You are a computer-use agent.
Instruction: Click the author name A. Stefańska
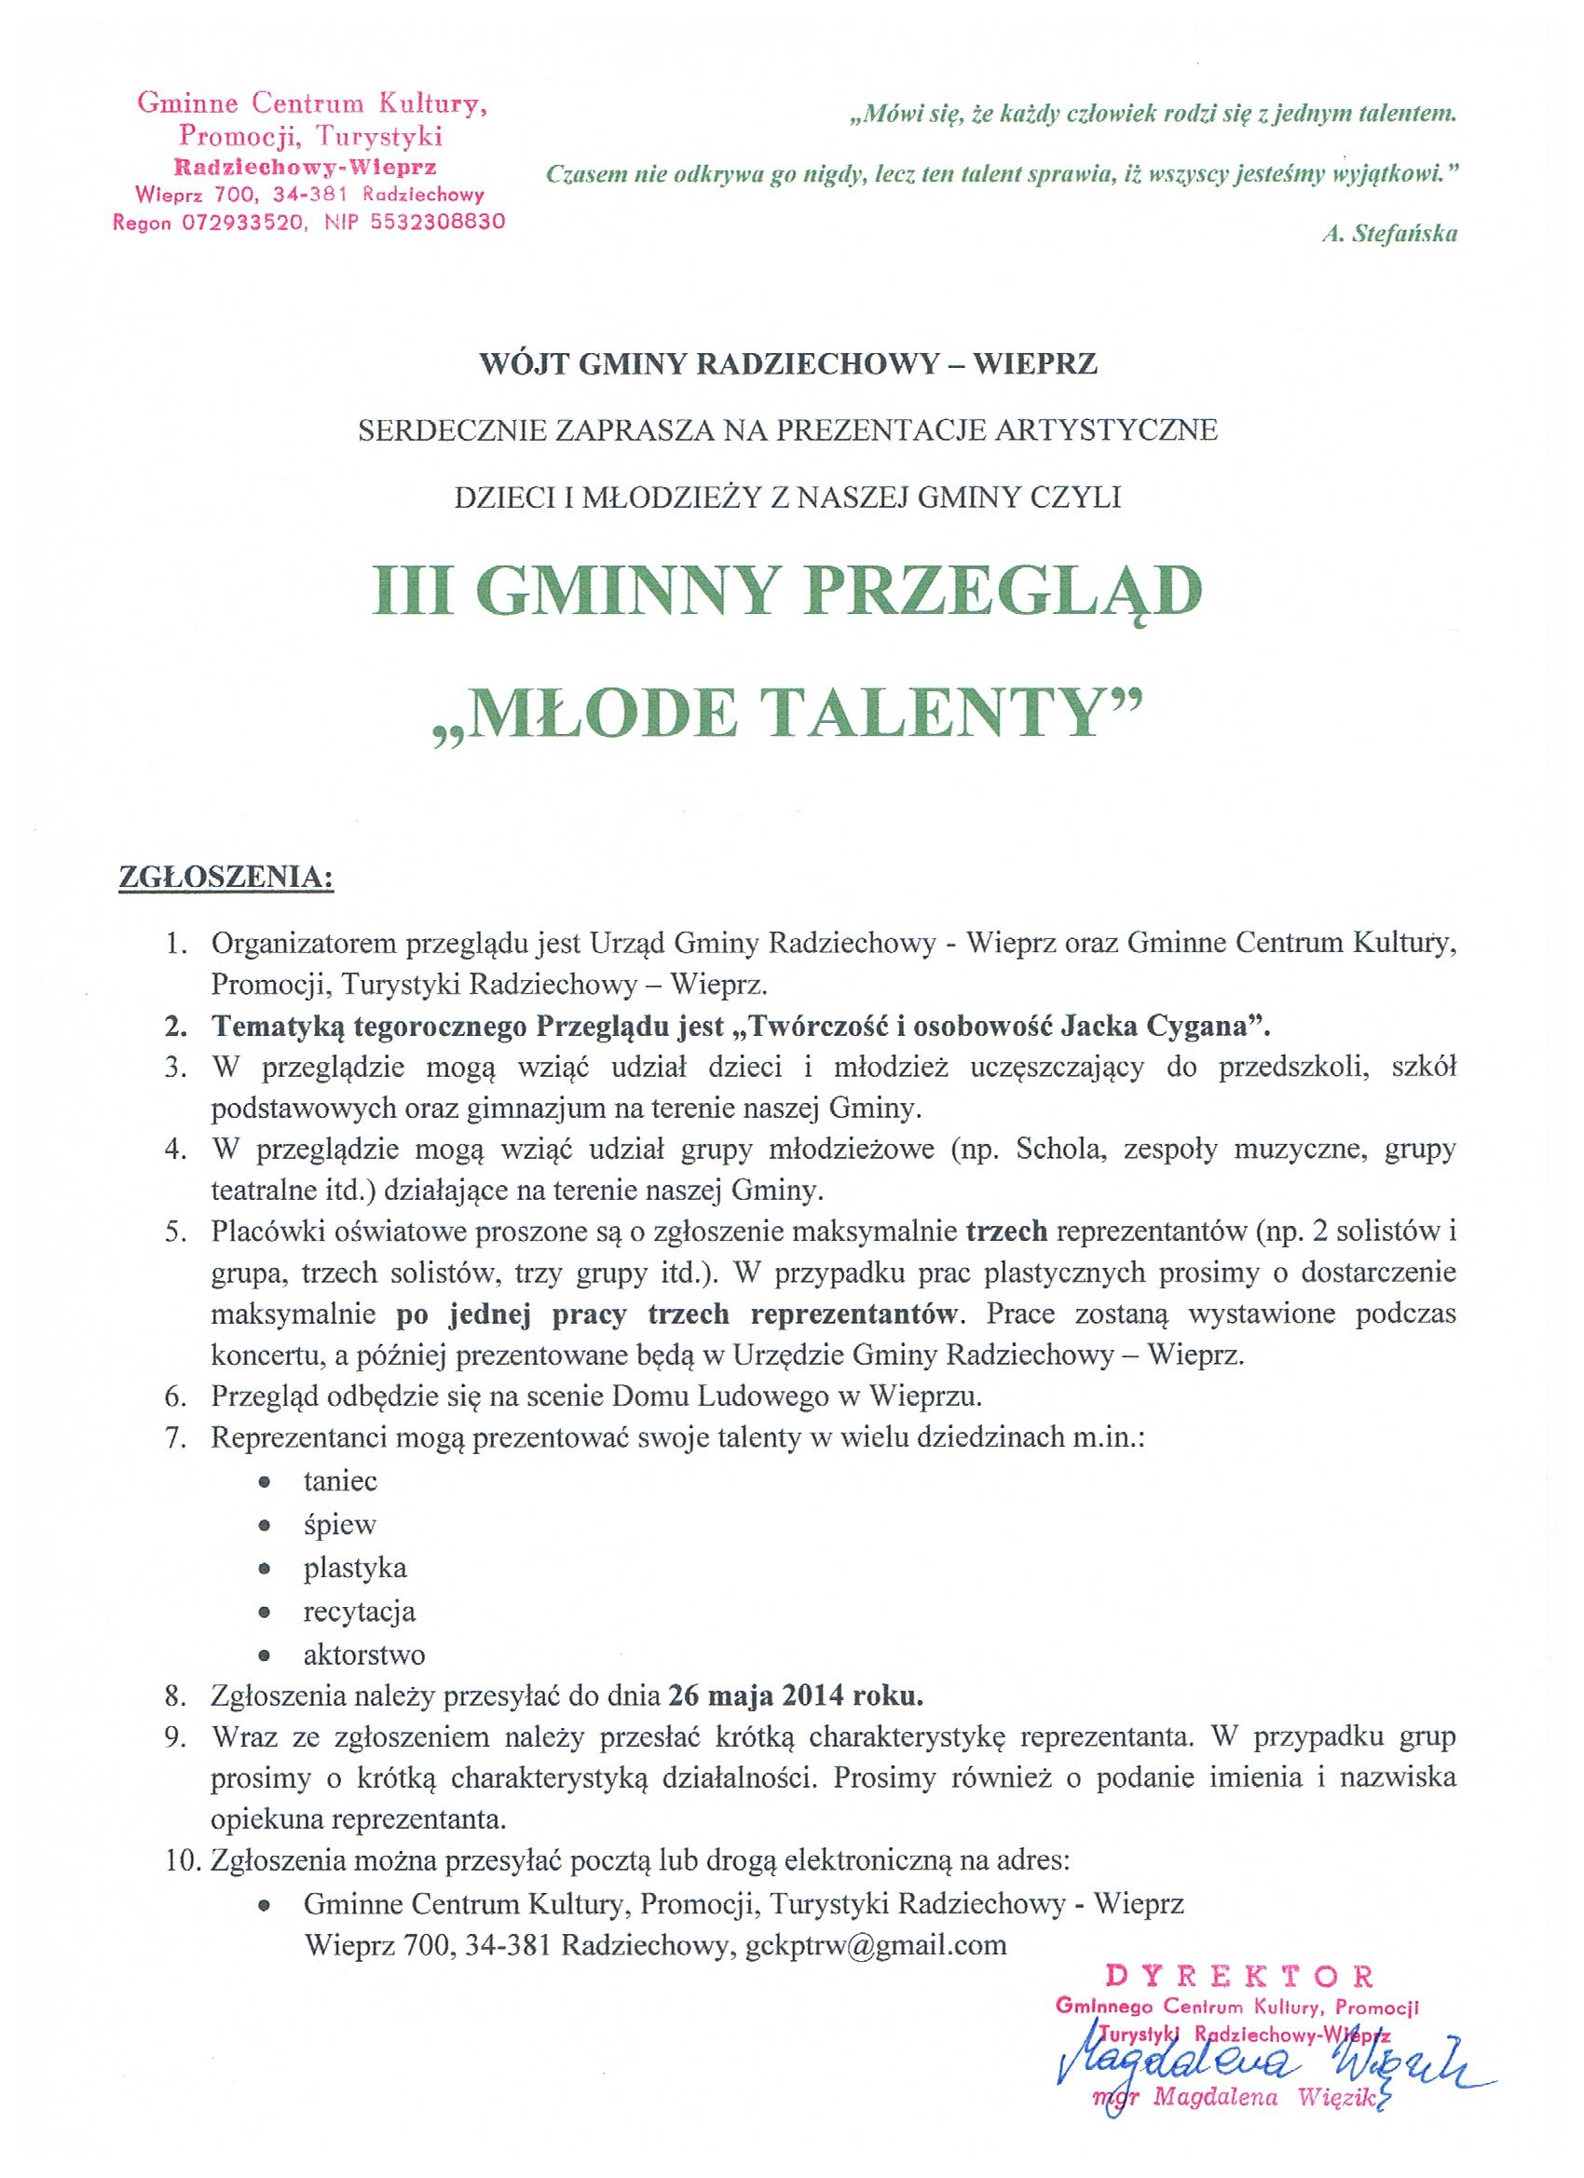tap(1389, 233)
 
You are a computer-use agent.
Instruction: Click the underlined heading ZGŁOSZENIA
tap(225, 878)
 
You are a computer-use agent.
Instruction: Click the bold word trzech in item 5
tap(1005, 1232)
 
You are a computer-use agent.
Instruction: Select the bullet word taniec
tap(340, 1480)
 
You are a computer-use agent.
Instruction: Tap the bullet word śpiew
tap(339, 1524)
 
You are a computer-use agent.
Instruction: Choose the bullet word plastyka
tap(354, 1567)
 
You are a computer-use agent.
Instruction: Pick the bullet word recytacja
tap(360, 1611)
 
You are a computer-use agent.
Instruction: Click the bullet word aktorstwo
tap(364, 1654)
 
